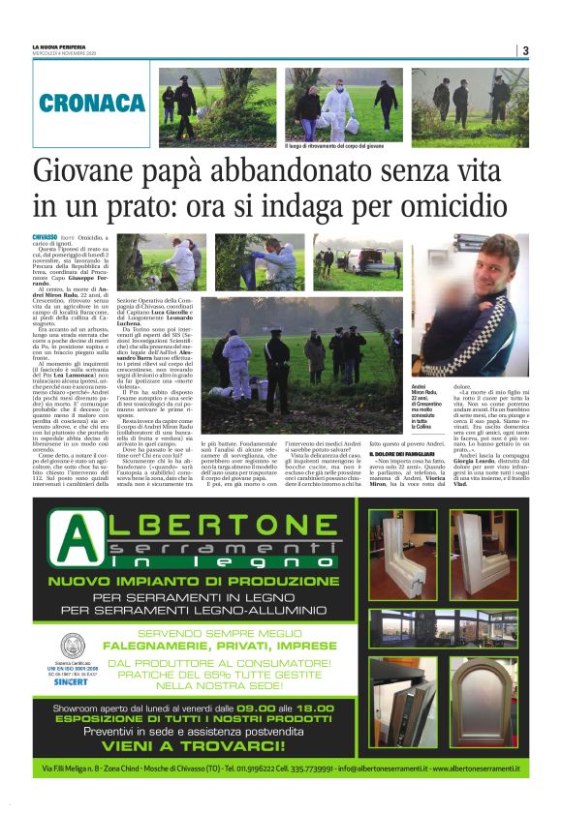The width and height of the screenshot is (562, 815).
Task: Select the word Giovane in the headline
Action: coord(86,172)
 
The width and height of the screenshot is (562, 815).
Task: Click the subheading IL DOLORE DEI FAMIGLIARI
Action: coord(404,453)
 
